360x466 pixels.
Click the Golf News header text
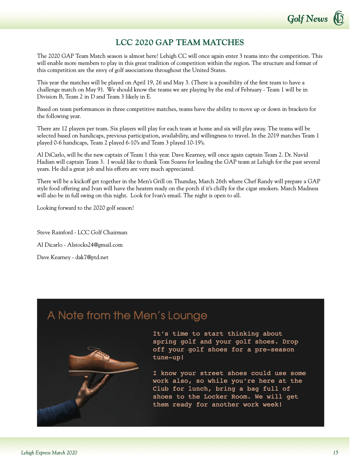pos(307,19)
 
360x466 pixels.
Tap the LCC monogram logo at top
pos(339,18)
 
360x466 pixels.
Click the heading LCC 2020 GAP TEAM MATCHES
pos(180,43)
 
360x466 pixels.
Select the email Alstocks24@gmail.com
pos(95,245)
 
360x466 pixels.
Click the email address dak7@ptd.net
pos(92,257)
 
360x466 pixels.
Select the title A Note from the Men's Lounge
pos(127,315)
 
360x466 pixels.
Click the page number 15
pos(335,453)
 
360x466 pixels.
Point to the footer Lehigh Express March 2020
pos(49,453)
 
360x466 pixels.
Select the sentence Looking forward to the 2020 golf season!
pos(85,208)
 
